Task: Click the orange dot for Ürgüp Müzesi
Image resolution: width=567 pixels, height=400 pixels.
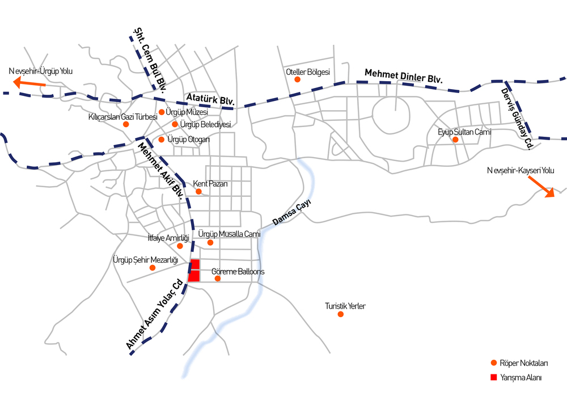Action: click(x=162, y=112)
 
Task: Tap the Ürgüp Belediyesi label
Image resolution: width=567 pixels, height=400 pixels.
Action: click(x=205, y=124)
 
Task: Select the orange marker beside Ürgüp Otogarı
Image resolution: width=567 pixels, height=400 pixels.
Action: click(x=162, y=140)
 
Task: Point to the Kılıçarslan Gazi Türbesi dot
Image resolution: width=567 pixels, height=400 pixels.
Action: click(x=126, y=124)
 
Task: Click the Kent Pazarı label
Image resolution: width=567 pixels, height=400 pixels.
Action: click(x=210, y=184)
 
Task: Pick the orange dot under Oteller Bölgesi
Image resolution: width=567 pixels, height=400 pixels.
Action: click(x=297, y=79)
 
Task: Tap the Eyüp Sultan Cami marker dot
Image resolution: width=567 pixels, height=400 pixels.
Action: click(x=455, y=140)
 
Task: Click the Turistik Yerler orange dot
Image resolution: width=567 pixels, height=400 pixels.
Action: click(x=340, y=314)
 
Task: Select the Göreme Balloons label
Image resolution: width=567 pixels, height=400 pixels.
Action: click(x=238, y=272)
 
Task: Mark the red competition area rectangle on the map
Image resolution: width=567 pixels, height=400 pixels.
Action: click(x=194, y=271)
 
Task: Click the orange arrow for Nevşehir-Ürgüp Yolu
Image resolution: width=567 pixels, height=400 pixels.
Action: click(x=29, y=83)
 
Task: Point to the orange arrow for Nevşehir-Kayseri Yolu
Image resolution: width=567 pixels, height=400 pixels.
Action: click(x=541, y=187)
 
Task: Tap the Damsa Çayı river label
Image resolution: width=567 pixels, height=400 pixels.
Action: click(x=291, y=212)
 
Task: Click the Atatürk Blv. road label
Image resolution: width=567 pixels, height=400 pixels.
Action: click(x=210, y=99)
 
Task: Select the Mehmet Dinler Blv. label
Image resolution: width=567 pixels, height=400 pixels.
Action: click(x=404, y=76)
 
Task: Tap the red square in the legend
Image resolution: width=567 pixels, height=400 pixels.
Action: click(x=494, y=377)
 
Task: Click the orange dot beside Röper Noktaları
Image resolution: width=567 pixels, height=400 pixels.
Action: click(x=494, y=363)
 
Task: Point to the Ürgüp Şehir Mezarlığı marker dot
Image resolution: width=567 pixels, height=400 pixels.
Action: click(x=152, y=268)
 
